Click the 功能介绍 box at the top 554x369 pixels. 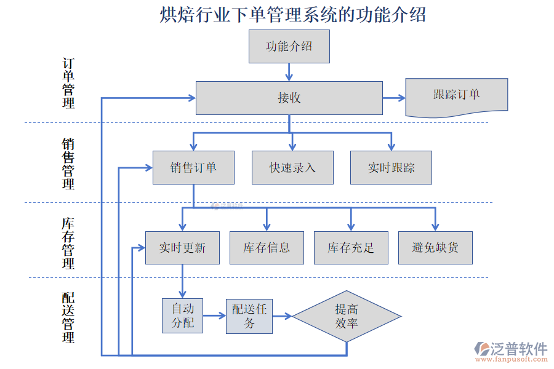click(x=289, y=47)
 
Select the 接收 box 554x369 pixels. click(x=289, y=98)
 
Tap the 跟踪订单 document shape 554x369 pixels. click(x=456, y=96)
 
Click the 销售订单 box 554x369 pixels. click(x=193, y=167)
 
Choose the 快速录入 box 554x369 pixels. click(x=292, y=167)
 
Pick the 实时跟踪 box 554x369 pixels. click(x=391, y=167)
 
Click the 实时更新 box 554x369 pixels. click(x=182, y=248)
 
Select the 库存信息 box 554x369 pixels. click(x=267, y=248)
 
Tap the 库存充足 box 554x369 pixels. click(x=351, y=248)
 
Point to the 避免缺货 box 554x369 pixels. click(x=435, y=248)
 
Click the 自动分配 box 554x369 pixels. click(x=182, y=315)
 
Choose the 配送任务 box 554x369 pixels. click(x=249, y=316)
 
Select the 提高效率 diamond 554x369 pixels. click(x=347, y=317)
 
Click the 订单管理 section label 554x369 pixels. click(x=68, y=84)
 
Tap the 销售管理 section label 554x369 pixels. click(x=68, y=164)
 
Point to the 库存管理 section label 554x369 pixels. click(x=68, y=243)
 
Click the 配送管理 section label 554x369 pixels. click(x=68, y=317)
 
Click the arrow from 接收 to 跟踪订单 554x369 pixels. click(x=394, y=98)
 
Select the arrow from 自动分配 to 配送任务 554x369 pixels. click(x=214, y=316)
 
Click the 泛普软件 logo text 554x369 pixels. click(x=518, y=349)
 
